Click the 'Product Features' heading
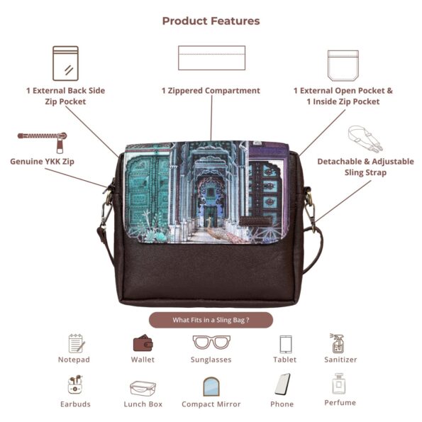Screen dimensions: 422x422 211,21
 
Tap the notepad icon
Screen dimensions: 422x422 77,343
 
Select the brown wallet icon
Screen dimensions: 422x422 143,343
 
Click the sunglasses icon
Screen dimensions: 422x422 211,342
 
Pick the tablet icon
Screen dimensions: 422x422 286,344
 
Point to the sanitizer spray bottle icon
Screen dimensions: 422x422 338,343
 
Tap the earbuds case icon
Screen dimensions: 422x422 75,384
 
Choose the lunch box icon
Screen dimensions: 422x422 143,388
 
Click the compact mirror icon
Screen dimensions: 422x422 211,387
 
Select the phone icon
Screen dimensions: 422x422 282,384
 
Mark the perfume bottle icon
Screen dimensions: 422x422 339,384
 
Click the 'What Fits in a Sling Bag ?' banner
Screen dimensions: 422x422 211,320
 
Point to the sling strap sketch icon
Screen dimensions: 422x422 365,138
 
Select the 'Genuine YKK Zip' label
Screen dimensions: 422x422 42,162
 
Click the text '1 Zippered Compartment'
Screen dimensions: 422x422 211,91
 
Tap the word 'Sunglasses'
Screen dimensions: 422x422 211,360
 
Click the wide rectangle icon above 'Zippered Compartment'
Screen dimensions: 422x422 212,57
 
